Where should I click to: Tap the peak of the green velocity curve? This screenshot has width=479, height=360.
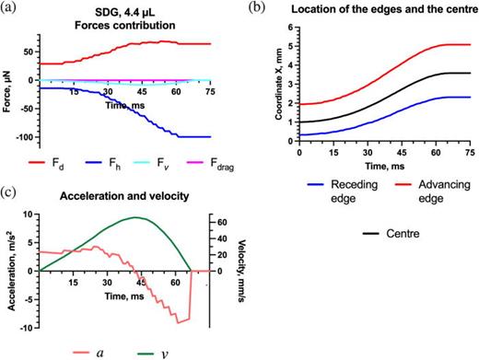[x=136, y=217]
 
